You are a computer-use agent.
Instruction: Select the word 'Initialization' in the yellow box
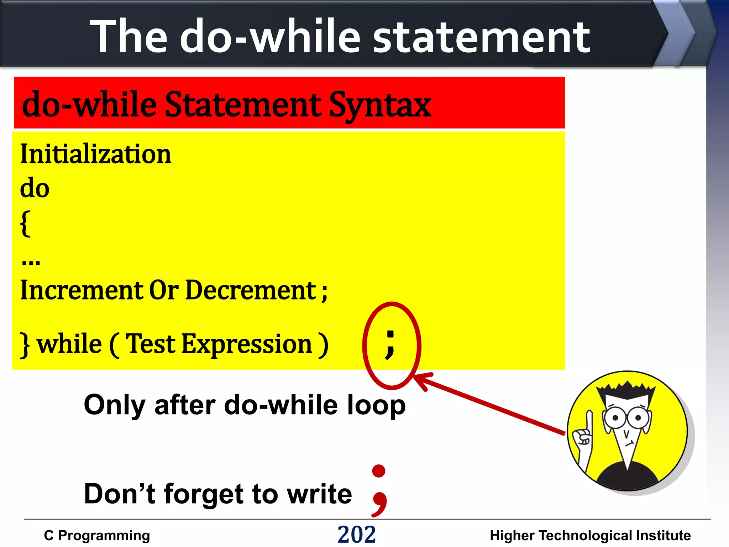pos(96,154)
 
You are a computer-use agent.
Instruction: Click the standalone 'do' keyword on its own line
pos(35,188)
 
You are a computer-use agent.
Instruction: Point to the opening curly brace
pos(25,223)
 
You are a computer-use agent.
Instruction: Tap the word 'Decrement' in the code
pos(251,290)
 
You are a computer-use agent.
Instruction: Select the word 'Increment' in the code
pos(82,290)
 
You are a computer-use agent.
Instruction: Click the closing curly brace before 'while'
pos(25,345)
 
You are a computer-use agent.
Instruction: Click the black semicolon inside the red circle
pos(390,344)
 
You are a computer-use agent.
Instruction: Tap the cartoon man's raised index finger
pos(589,420)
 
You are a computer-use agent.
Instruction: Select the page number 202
pos(356,535)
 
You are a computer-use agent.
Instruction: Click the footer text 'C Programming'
pos(97,536)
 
